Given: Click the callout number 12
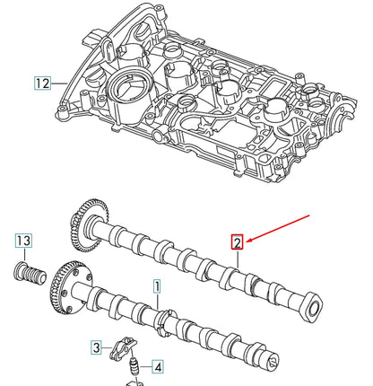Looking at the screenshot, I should [x=42, y=83].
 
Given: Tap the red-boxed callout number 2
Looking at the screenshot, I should [x=237, y=241].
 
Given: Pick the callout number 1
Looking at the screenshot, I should [x=156, y=287].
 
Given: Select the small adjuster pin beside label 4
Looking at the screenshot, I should [x=133, y=367].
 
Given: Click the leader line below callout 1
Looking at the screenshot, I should [x=157, y=303].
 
